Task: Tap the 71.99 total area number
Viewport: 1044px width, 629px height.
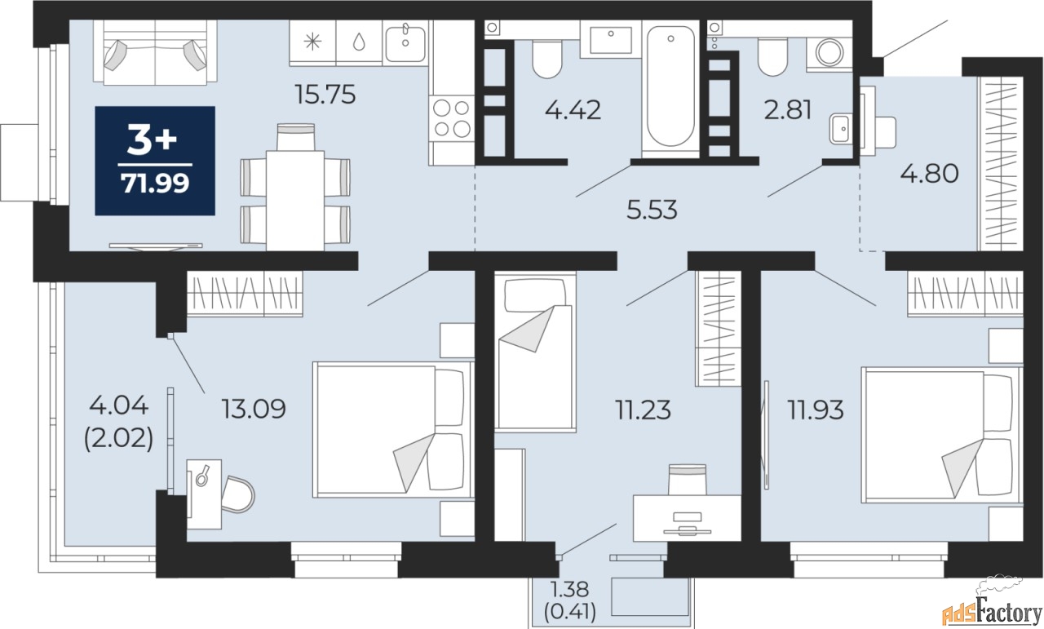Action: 155,184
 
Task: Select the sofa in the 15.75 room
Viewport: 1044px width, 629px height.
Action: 155,52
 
